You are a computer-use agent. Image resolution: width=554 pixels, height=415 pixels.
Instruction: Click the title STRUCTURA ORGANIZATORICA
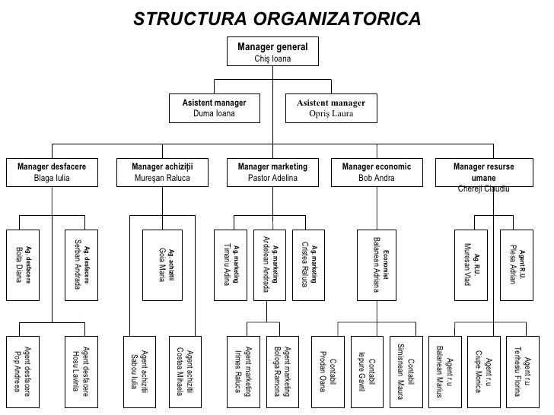pos(276,17)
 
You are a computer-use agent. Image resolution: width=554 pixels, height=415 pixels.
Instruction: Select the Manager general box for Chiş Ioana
pos(272,52)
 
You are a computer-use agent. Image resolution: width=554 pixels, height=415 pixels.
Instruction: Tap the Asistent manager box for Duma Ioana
pos(214,108)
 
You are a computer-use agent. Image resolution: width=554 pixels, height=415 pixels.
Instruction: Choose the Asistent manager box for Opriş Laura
pos(331,108)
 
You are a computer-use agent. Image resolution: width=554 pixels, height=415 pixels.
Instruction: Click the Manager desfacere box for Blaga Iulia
pos(52,173)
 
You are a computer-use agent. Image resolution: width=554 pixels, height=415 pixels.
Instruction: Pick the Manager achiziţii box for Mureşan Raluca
pos(162,173)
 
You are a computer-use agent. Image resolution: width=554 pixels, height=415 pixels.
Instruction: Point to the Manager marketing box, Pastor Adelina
pos(272,173)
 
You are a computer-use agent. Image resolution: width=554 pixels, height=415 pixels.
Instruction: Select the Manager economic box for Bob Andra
pos(377,173)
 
